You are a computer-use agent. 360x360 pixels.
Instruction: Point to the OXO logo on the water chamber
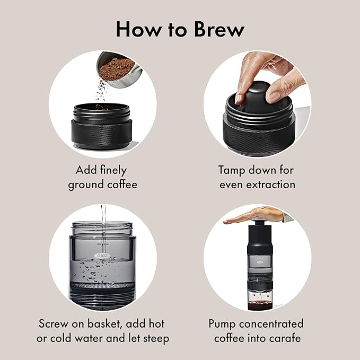100,255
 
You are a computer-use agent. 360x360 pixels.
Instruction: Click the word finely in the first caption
112,170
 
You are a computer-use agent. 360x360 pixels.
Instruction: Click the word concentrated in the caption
271,323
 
